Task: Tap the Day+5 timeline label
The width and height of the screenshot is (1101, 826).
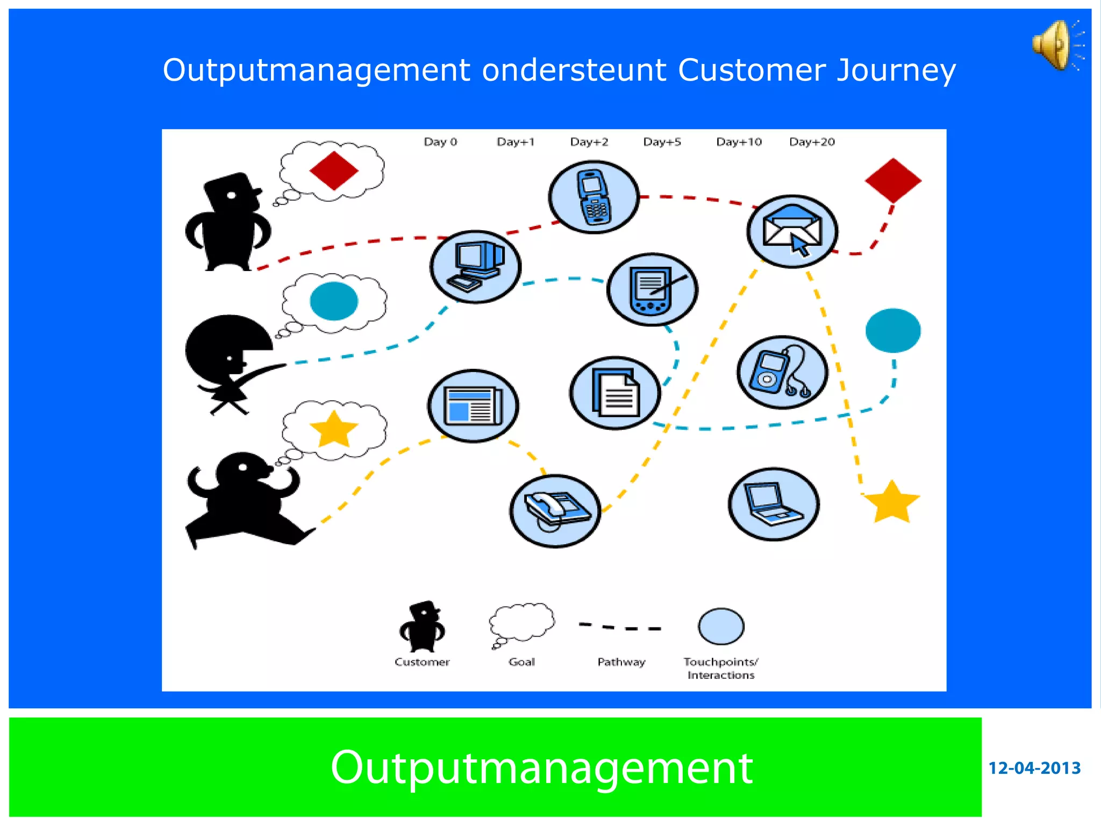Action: point(662,142)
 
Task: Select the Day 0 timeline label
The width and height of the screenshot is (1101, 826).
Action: point(440,142)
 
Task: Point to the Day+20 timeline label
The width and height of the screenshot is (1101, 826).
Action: point(812,142)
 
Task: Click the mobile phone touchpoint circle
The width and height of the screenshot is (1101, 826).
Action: point(594,197)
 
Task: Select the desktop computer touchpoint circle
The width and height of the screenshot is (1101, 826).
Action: point(475,267)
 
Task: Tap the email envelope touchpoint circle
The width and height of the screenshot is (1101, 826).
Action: point(792,231)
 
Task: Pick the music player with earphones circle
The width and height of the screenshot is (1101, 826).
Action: point(782,373)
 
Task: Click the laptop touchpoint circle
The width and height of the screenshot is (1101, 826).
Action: point(774,504)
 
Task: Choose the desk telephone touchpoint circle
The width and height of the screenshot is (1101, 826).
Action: point(555,511)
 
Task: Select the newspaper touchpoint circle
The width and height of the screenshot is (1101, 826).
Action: point(473,406)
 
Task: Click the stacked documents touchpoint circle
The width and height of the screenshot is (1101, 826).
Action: point(615,393)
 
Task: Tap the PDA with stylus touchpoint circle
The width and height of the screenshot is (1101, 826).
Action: point(652,290)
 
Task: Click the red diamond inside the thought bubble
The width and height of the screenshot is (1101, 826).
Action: point(334,170)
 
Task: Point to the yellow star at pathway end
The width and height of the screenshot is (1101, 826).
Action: point(892,503)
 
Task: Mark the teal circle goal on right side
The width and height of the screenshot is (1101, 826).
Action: point(893,331)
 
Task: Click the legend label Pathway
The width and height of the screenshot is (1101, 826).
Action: point(621,662)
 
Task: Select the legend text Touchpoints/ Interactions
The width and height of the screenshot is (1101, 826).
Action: point(720,668)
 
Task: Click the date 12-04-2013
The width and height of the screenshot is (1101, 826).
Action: point(1034,768)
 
